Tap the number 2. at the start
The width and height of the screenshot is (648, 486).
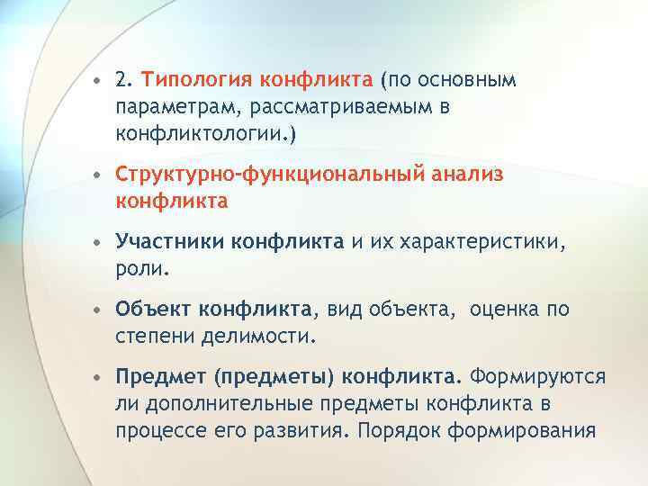124,81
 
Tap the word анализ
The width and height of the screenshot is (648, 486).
466,175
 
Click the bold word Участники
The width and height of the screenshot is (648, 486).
170,241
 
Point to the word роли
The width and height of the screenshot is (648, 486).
141,267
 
